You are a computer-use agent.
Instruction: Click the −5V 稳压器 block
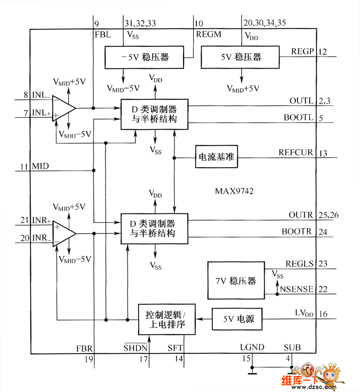(x=144, y=57)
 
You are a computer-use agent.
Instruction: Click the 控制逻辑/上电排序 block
(x=167, y=319)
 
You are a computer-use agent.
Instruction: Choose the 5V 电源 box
(x=236, y=319)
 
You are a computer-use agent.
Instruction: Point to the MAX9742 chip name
(x=234, y=191)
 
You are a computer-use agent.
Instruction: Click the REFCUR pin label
(x=296, y=152)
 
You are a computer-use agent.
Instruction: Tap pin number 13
(x=323, y=153)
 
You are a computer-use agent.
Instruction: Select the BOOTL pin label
(x=298, y=118)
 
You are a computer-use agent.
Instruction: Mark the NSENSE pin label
(x=297, y=289)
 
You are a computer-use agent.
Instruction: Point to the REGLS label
(x=299, y=264)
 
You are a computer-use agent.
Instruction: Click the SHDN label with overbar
(x=135, y=347)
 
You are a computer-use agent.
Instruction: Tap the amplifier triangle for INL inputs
(x=63, y=108)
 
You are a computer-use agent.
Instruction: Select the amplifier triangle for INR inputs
(x=63, y=233)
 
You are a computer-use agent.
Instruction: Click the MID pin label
(x=40, y=167)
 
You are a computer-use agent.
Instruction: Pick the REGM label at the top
(x=208, y=34)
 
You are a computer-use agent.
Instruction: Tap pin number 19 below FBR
(x=88, y=359)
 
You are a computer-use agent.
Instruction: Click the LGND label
(x=252, y=347)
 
